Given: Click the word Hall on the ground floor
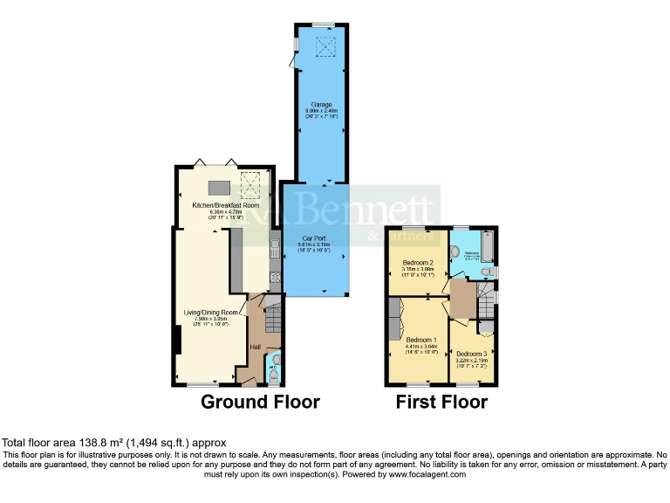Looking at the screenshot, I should (256, 348).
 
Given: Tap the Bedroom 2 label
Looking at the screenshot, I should (418, 263).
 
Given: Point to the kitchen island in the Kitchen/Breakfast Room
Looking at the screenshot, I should (217, 186).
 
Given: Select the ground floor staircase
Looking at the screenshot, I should (271, 319).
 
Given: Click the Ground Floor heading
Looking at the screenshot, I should (260, 402).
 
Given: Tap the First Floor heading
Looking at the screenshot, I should (441, 402).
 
